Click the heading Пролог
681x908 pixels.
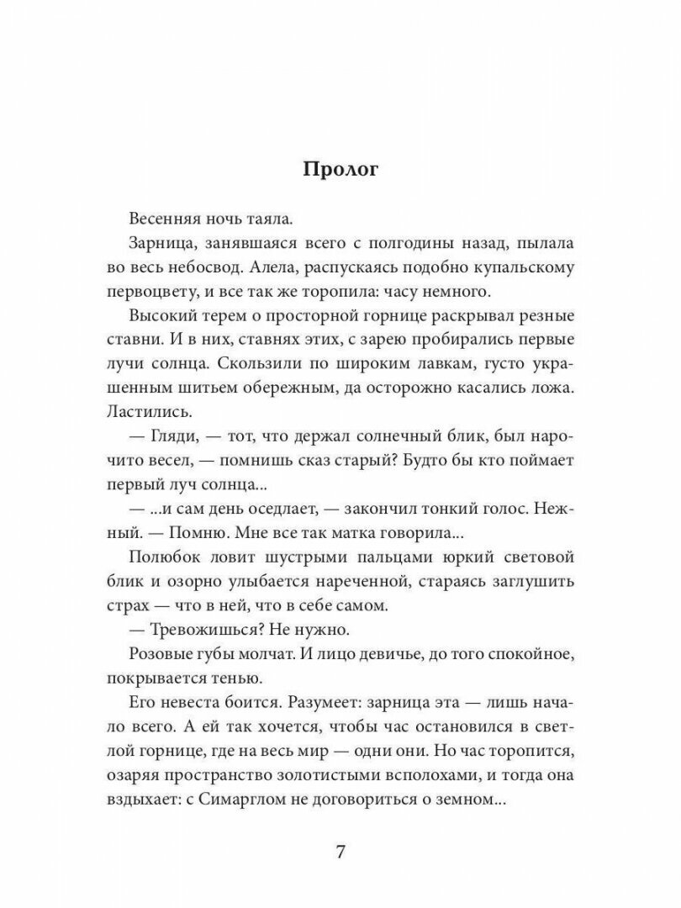point(340,168)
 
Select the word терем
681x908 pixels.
point(229,317)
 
